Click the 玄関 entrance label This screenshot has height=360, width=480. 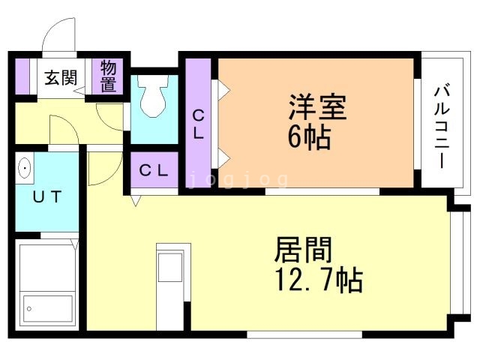pyautogui.click(x=59, y=77)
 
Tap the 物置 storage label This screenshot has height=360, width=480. pyautogui.click(x=109, y=77)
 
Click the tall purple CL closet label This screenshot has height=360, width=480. pyautogui.click(x=199, y=124)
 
